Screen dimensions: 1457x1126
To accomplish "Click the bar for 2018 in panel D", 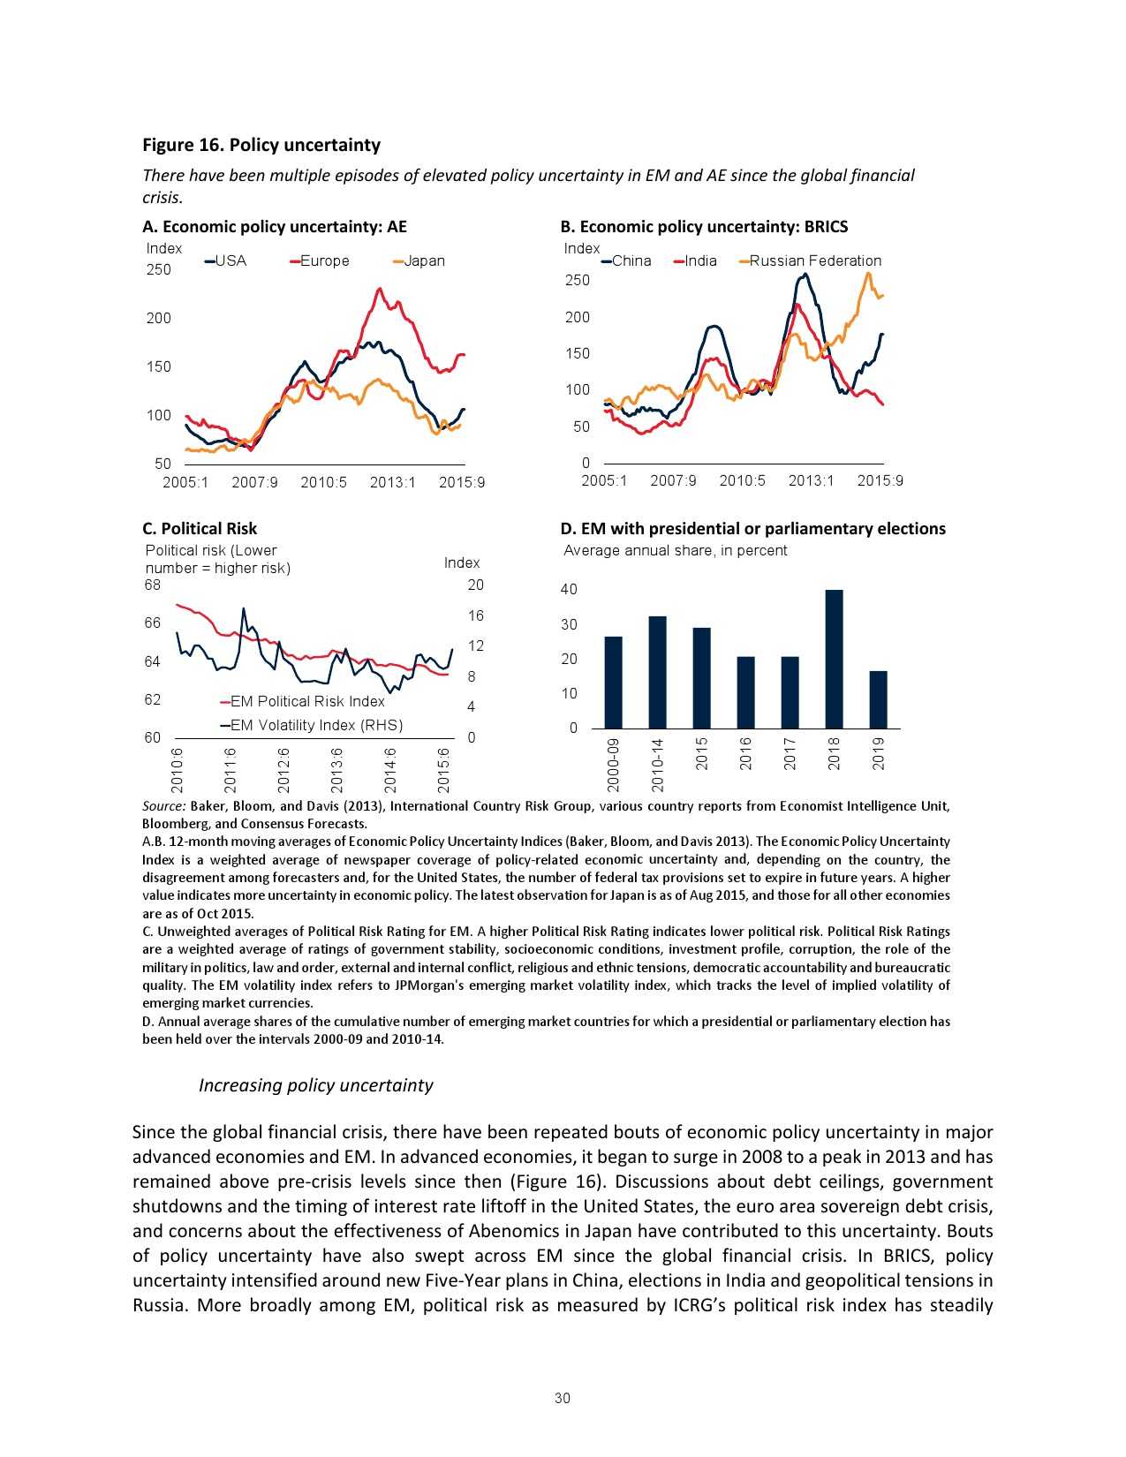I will click(x=834, y=659).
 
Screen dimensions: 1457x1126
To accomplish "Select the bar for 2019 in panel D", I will click(x=878, y=699).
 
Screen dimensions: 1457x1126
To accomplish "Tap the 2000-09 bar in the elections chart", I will click(x=613, y=682).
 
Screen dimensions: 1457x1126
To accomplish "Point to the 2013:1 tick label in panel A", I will click(x=392, y=482).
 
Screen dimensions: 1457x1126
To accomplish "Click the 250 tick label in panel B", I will click(x=577, y=280).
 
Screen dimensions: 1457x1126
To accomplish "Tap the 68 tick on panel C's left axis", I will click(x=153, y=585).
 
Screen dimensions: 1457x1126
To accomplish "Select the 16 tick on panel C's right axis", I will click(x=476, y=615).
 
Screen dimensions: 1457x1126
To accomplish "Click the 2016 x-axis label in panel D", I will click(x=746, y=753).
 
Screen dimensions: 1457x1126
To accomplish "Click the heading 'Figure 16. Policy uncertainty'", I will click(x=261, y=145).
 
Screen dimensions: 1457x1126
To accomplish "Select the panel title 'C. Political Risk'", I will click(x=200, y=528).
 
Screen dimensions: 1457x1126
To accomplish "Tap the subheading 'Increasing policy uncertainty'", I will click(x=315, y=1084).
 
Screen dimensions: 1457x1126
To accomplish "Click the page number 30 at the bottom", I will click(x=563, y=1398).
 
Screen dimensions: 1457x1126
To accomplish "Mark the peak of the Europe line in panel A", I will click(x=380, y=289).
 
